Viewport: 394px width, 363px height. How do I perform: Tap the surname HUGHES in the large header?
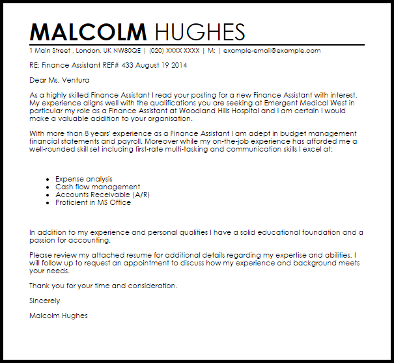point(198,33)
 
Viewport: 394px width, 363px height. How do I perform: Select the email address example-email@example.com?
point(271,51)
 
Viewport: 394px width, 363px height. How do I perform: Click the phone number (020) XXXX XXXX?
point(175,51)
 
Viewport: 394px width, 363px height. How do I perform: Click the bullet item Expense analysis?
point(84,179)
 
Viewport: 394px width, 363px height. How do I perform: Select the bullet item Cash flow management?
point(98,187)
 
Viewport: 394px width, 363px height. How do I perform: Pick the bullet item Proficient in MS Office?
point(93,202)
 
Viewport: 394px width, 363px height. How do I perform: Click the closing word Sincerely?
point(45,301)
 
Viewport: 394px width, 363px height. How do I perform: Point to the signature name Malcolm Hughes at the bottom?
point(59,316)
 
